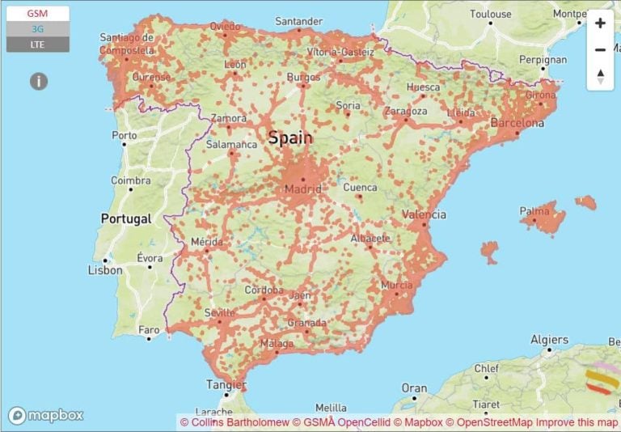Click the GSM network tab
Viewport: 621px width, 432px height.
pyautogui.click(x=37, y=14)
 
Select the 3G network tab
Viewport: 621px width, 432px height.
pyautogui.click(x=37, y=29)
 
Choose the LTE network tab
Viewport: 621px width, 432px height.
pyautogui.click(x=37, y=44)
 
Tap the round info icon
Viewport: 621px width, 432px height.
pyautogui.click(x=39, y=81)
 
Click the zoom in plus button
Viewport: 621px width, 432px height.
pyautogui.click(x=600, y=23)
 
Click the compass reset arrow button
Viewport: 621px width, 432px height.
pyautogui.click(x=600, y=77)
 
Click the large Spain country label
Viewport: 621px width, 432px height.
pyautogui.click(x=290, y=138)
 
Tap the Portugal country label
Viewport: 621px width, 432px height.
pyautogui.click(x=125, y=218)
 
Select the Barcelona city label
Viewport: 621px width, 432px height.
pyautogui.click(x=517, y=124)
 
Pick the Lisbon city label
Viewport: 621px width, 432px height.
pyautogui.click(x=105, y=270)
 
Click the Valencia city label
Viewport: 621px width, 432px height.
pyautogui.click(x=424, y=214)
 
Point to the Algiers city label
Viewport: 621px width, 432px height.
pyautogui.click(x=549, y=340)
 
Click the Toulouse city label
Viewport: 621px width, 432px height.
pyautogui.click(x=491, y=14)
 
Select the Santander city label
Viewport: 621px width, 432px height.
pyautogui.click(x=298, y=20)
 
